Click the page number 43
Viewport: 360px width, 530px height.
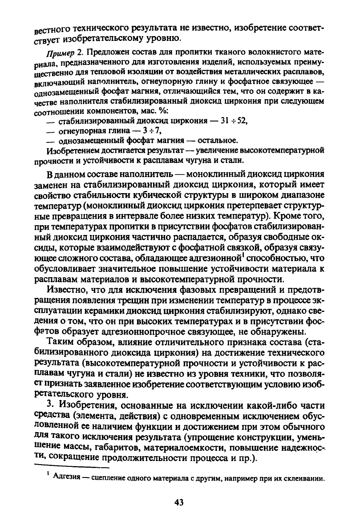(x=179, y=502)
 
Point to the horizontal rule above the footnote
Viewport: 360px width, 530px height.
(x=71, y=467)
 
